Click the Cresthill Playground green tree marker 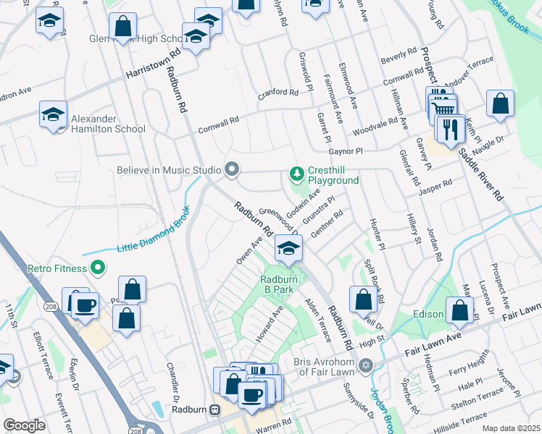point(296,173)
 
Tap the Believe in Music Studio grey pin point(232,169)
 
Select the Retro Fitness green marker point(98,268)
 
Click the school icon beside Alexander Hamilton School point(53,115)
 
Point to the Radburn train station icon point(214,410)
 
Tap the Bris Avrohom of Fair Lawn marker point(366,365)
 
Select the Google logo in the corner point(25,425)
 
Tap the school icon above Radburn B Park point(288,249)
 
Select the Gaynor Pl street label point(344,152)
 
